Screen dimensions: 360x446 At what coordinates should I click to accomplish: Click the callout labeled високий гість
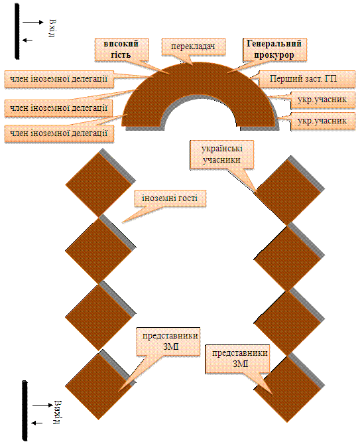pos(121,49)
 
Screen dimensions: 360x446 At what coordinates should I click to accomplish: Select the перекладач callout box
pos(193,46)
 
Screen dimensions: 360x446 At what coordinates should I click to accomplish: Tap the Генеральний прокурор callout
pos(274,50)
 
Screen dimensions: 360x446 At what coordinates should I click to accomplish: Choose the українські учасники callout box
pos(221,155)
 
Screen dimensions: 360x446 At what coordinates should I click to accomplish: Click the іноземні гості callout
pos(170,198)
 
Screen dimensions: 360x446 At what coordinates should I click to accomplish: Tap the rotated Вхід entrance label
pos(52,28)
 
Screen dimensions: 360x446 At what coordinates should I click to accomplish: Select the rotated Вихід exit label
pos(58,412)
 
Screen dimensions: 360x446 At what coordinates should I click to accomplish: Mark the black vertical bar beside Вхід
pos(17,31)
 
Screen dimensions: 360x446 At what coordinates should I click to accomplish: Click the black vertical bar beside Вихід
pos(25,411)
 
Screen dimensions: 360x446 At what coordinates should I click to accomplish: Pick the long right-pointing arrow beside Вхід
pos(33,22)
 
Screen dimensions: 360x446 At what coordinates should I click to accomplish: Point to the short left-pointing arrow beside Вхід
pos(28,40)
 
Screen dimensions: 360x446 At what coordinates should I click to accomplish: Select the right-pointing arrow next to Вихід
pos(42,405)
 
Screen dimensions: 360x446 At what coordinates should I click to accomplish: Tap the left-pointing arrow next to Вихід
pos(37,423)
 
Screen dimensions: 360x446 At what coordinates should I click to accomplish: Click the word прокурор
pos(274,55)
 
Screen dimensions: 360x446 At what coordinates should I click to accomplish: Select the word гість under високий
pos(121,54)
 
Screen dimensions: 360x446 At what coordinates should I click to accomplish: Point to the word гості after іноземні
pos(186,198)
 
